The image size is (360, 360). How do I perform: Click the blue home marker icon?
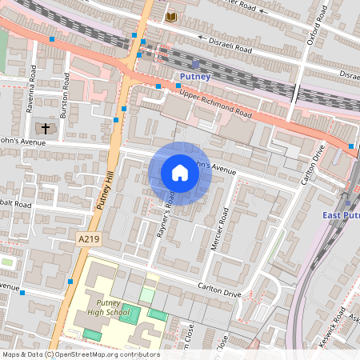[180, 173]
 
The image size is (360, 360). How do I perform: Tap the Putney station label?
[195, 77]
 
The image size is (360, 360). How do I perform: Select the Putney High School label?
[108, 308]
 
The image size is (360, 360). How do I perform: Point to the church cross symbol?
[46, 128]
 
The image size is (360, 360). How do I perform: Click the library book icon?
[171, 17]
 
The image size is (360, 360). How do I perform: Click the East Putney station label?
[341, 216]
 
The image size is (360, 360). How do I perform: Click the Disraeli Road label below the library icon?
[230, 46]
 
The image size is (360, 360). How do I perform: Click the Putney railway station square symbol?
[195, 64]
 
